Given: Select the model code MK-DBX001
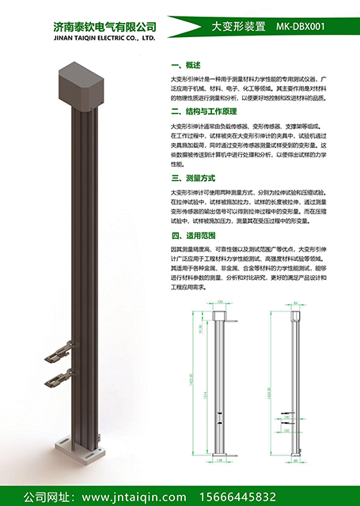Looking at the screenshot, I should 301,27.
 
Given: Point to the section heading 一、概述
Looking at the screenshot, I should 187,65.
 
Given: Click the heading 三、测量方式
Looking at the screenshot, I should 193,179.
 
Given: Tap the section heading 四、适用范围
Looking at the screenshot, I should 193,235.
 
